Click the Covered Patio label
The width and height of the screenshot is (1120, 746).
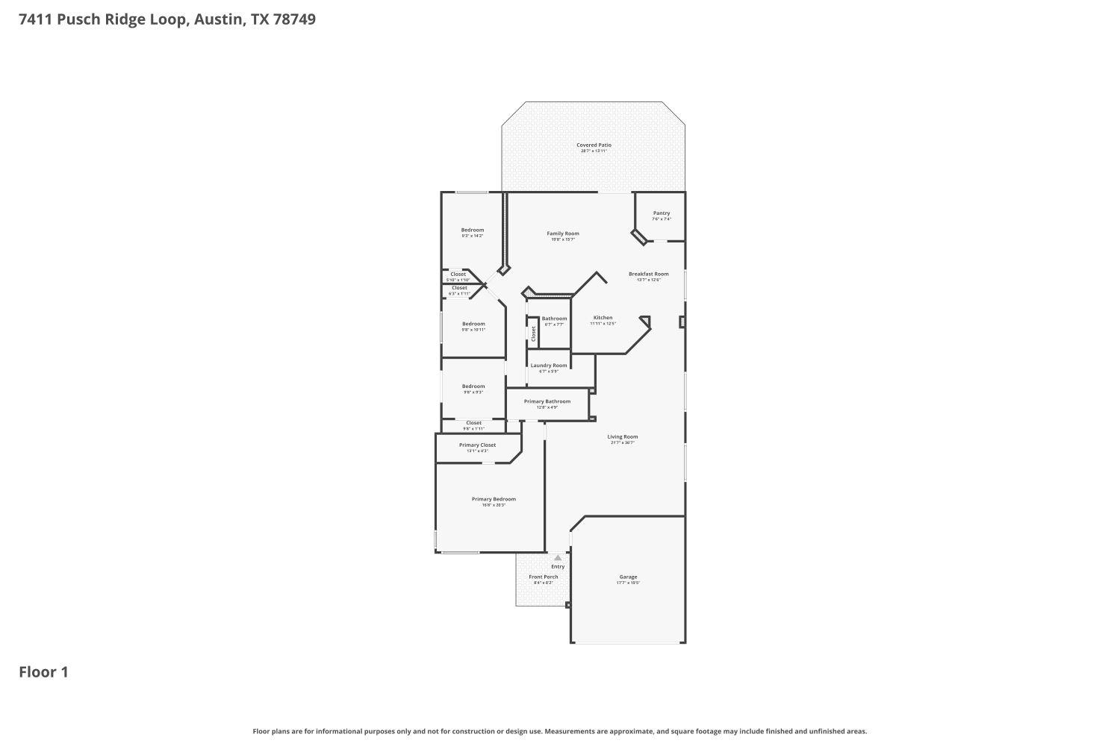coord(594,145)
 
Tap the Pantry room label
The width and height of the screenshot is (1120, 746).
coord(662,213)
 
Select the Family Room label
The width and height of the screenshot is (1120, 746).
coord(562,233)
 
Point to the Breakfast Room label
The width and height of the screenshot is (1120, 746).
coord(648,274)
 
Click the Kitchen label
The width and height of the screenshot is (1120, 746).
coord(603,318)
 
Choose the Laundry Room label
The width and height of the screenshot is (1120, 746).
coord(549,366)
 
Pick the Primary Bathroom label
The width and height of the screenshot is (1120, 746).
coord(547,401)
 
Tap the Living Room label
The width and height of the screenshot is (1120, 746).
coord(622,437)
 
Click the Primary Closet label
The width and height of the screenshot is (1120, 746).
coord(477,445)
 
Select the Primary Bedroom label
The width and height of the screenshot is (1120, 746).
coord(494,499)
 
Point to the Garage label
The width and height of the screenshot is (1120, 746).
coord(628,577)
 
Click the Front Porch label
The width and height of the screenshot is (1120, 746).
coord(543,577)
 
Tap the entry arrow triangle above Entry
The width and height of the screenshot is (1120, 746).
coord(558,557)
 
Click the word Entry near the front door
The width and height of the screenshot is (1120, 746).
coord(558,567)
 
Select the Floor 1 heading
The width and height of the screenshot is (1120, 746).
coord(43,672)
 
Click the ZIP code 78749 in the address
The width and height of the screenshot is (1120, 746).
coord(294,19)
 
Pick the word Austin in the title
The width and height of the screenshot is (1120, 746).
coord(217,19)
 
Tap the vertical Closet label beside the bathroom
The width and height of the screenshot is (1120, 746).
coord(533,333)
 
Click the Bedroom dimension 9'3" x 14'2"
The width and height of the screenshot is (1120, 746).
coord(472,236)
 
